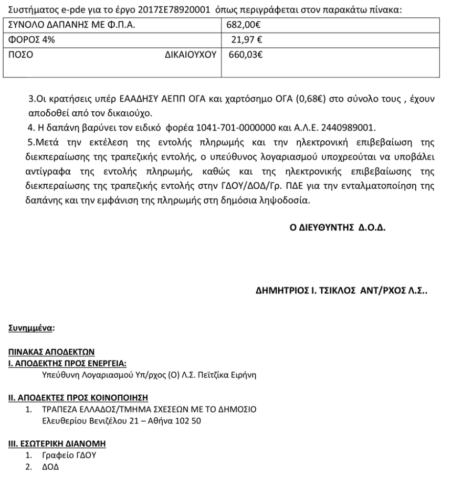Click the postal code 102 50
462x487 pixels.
point(188,420)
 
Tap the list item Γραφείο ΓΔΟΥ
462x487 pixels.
point(69,456)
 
